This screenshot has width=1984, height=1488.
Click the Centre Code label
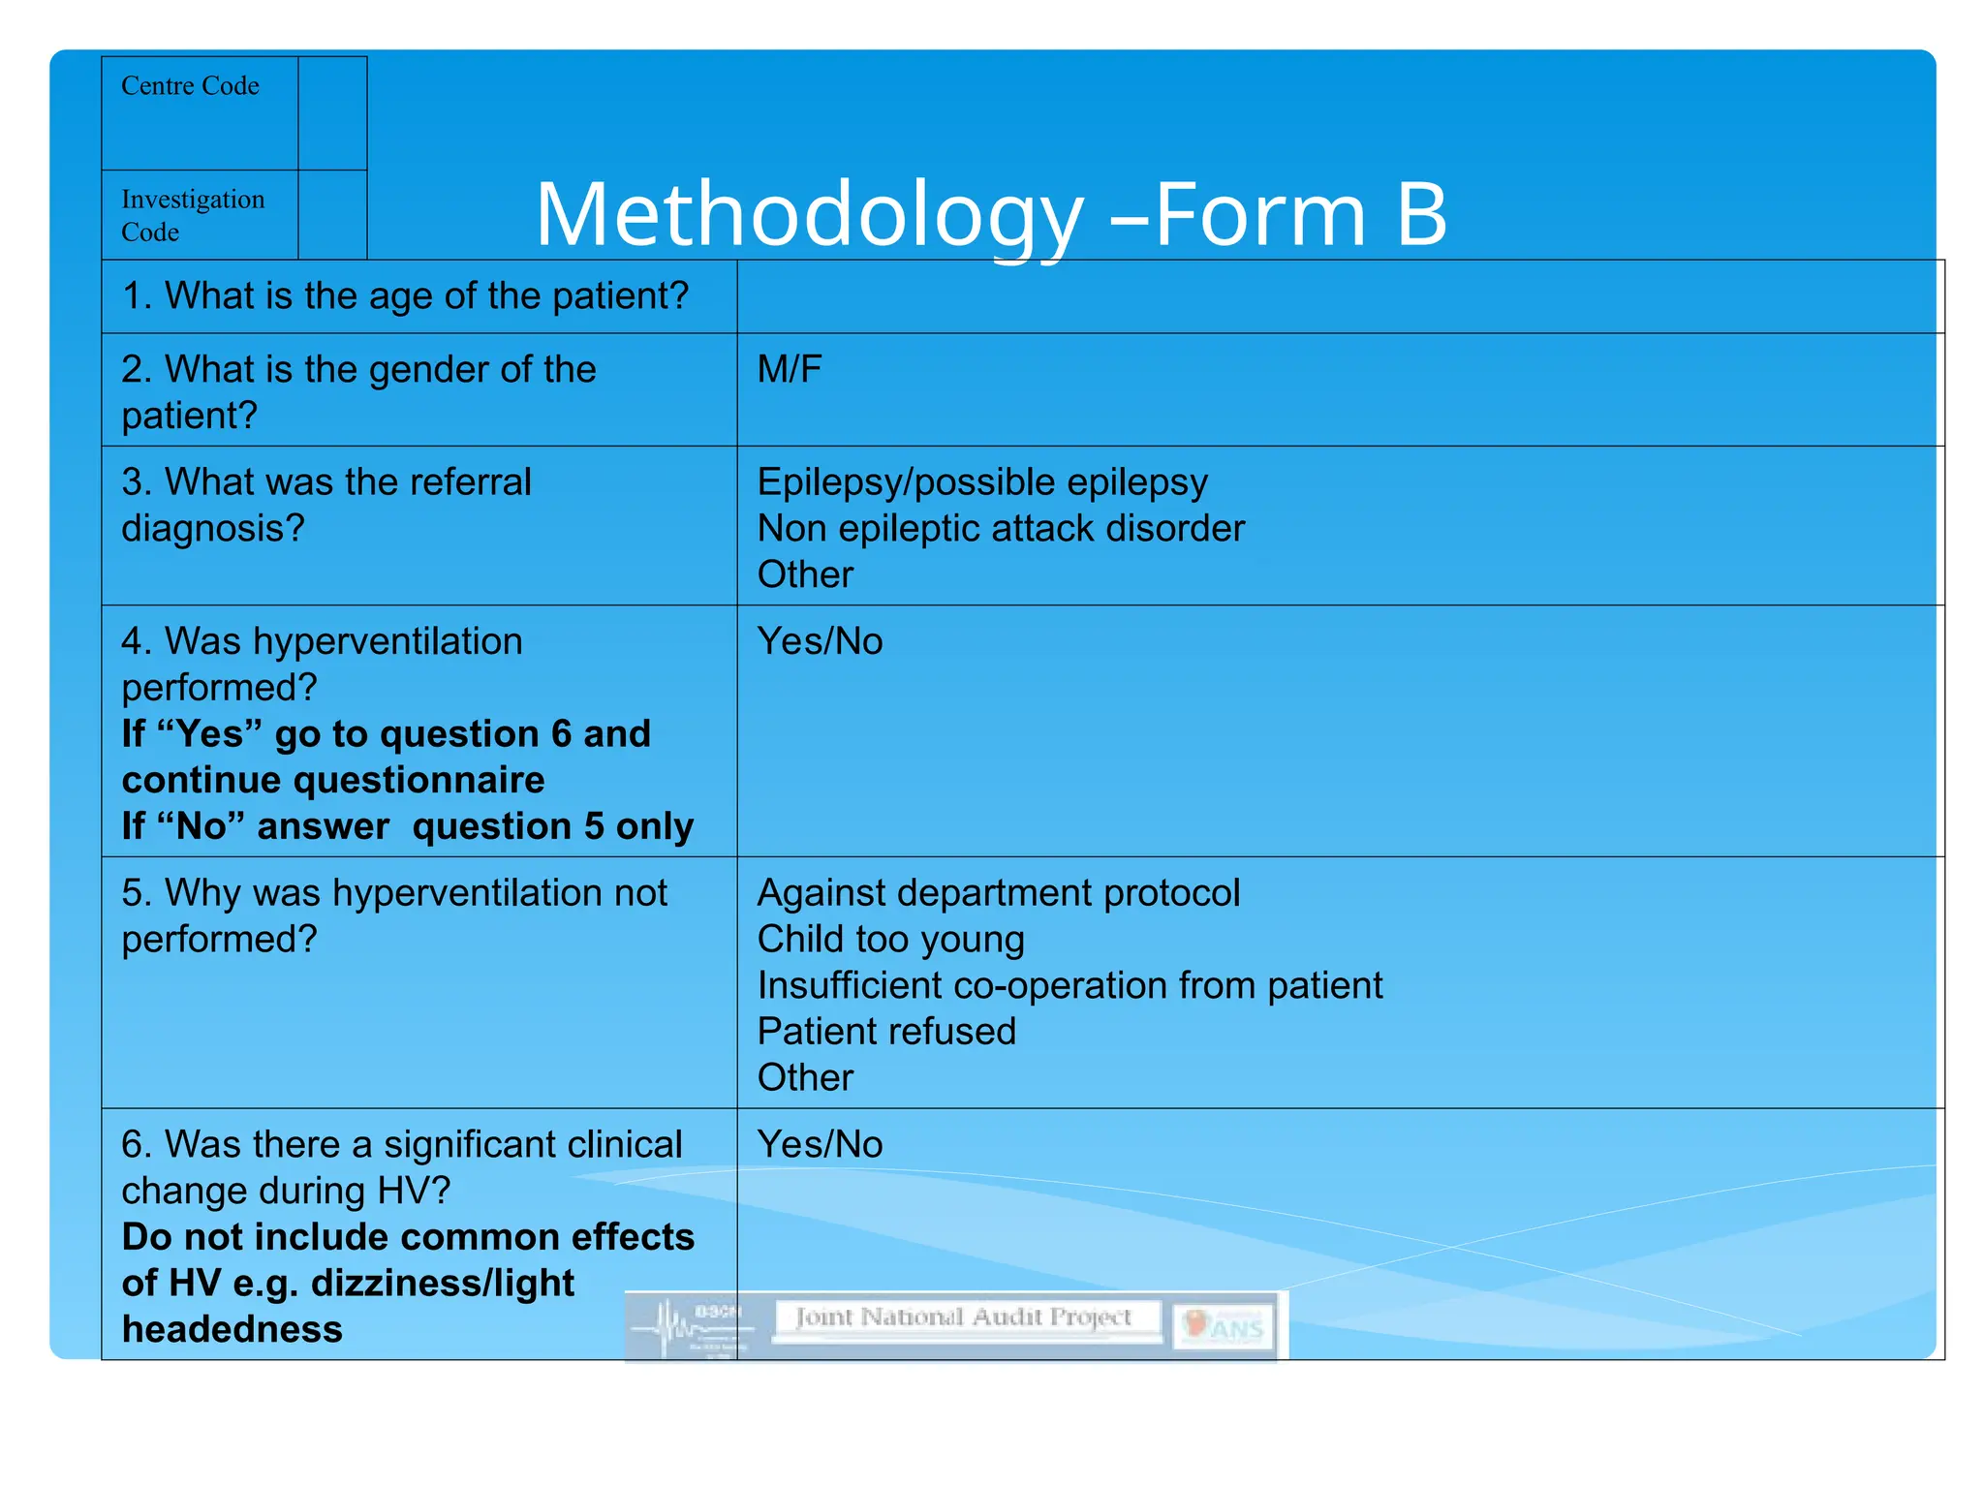coord(190,86)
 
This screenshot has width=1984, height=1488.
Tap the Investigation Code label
coord(192,215)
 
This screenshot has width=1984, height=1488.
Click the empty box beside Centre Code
coord(331,113)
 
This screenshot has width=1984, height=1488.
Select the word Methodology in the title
coord(809,216)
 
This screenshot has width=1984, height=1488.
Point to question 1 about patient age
coord(405,295)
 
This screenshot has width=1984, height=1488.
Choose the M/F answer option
coord(790,369)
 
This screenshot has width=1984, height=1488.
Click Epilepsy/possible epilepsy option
coord(982,481)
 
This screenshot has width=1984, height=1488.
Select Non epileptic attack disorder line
coord(1001,528)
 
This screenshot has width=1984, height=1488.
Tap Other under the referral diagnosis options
coord(805,574)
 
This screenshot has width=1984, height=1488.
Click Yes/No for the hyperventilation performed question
coord(820,641)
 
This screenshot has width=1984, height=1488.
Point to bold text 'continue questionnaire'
coord(333,780)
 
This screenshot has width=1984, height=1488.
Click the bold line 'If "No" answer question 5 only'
coord(407,826)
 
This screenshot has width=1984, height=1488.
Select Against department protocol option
coord(998,892)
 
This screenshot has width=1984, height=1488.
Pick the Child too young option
coord(890,939)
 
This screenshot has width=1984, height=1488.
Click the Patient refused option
coord(886,1032)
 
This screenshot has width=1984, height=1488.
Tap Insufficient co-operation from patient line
coord(1069,985)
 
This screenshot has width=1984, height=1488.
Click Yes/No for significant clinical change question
coord(820,1144)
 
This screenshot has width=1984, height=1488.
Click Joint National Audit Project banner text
coord(964,1317)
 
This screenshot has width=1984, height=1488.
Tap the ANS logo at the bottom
coord(1225,1327)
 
